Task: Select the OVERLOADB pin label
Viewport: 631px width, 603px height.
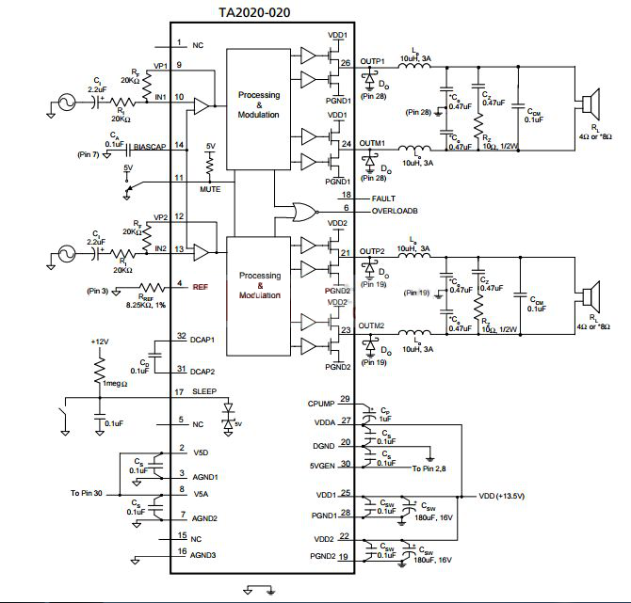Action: pyautogui.click(x=395, y=210)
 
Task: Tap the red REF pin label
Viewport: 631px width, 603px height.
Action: pyautogui.click(x=201, y=286)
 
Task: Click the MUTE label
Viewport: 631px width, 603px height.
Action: pyautogui.click(x=210, y=189)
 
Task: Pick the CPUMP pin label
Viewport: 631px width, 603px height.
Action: pyautogui.click(x=321, y=403)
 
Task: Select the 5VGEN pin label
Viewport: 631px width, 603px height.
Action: pyautogui.click(x=320, y=464)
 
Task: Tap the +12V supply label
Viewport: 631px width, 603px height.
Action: pyautogui.click(x=100, y=341)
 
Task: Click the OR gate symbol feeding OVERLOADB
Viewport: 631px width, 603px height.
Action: pyautogui.click(x=304, y=211)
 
